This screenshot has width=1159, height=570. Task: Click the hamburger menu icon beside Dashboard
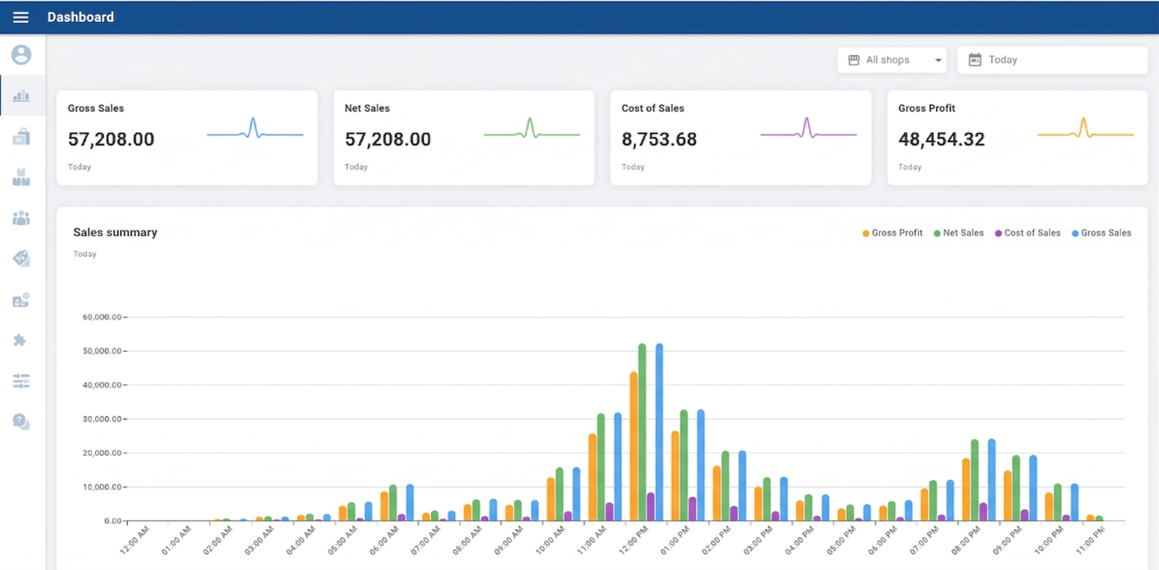(21, 17)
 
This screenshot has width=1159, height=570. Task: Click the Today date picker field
(1052, 60)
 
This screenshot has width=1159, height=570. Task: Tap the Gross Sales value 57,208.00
(111, 139)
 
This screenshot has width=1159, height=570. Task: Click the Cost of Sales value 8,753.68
(659, 139)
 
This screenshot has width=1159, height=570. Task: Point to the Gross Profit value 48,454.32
(941, 139)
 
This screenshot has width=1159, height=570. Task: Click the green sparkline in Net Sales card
(532, 128)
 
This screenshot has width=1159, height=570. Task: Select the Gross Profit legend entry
(892, 233)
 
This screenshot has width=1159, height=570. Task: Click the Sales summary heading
(115, 232)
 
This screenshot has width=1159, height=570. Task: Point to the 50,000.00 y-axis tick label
(102, 351)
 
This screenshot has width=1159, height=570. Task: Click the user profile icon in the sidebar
(21, 55)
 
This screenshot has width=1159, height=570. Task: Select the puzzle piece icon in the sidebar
(20, 340)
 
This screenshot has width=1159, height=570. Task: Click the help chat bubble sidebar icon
(21, 422)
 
